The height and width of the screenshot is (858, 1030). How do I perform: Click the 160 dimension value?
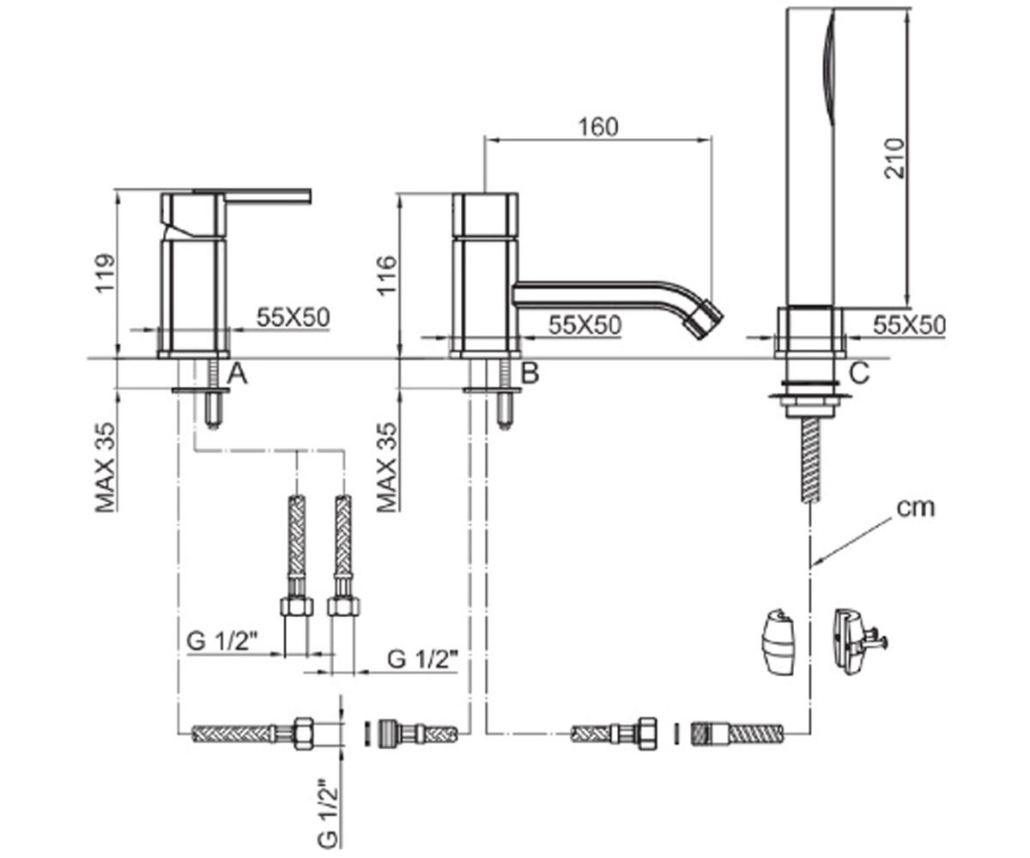598,127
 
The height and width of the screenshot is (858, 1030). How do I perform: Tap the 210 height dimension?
895,158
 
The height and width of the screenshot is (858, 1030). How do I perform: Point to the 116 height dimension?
386,275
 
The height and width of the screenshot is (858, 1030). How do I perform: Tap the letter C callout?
859,373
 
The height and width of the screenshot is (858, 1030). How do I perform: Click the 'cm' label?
915,509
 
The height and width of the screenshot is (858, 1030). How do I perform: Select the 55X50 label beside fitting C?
909,324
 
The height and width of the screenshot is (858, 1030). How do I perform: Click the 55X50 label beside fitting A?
293,317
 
